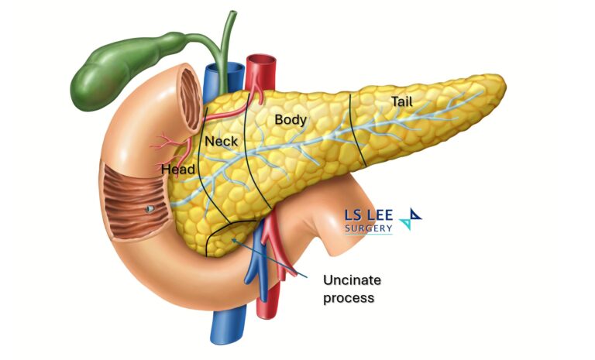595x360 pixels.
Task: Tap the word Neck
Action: click(222, 142)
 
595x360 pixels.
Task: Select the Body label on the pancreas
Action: click(291, 120)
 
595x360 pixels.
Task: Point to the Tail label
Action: click(402, 101)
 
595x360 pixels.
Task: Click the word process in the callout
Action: click(346, 297)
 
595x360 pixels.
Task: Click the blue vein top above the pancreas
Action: click(212, 74)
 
